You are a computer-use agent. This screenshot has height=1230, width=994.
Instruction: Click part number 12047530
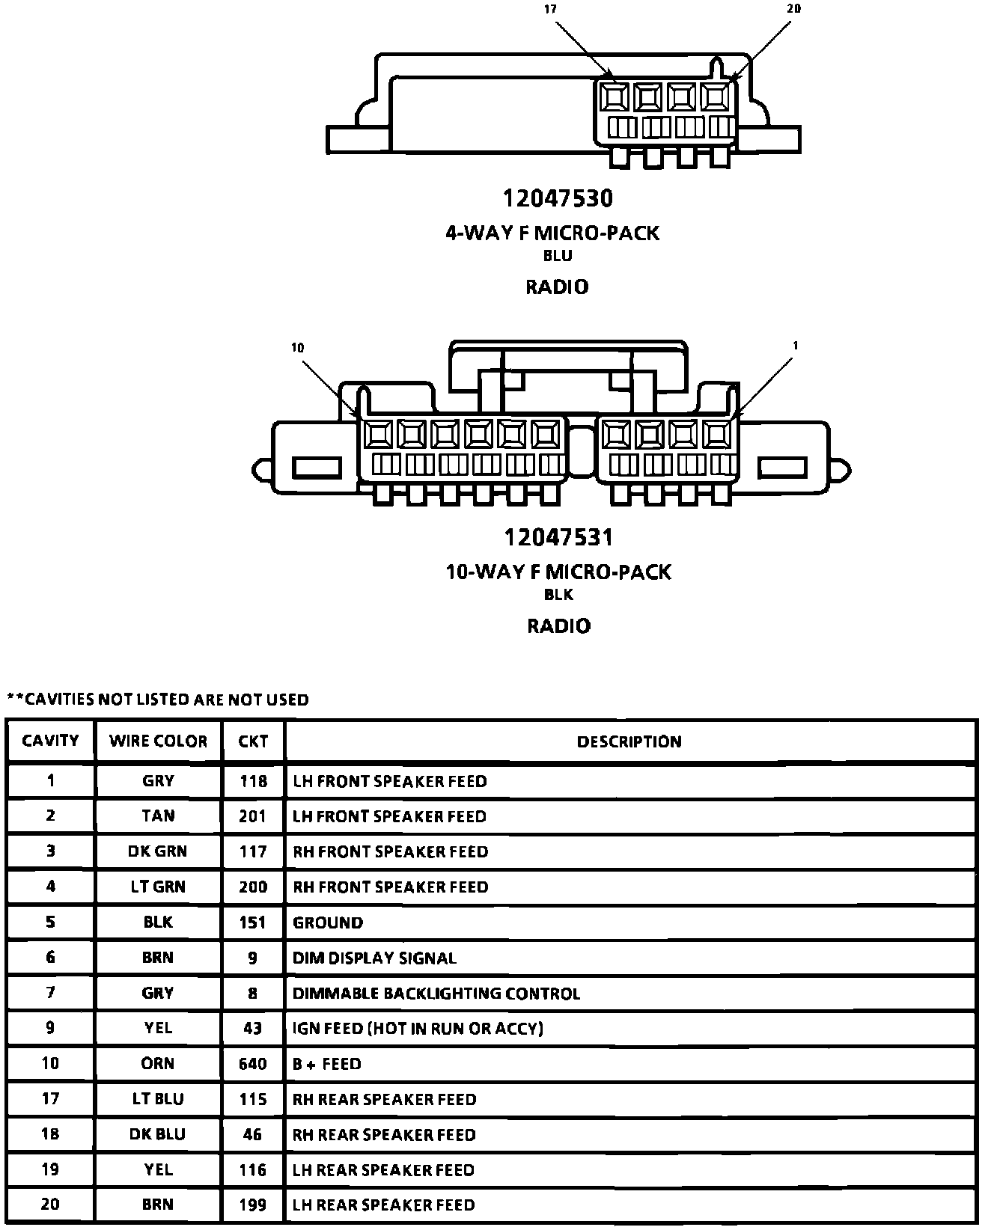(x=557, y=198)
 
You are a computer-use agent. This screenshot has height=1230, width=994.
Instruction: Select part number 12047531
(x=558, y=537)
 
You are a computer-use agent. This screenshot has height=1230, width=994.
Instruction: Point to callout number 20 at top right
(x=794, y=9)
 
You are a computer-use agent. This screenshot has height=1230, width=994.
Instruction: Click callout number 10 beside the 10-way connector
(x=298, y=348)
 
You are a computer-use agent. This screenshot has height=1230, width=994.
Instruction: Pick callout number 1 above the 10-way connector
(x=795, y=346)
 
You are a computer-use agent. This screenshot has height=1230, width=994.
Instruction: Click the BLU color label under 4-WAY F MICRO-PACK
(x=558, y=256)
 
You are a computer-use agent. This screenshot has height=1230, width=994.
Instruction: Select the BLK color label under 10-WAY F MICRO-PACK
(x=558, y=595)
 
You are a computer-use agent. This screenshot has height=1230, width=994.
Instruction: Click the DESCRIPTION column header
(x=629, y=741)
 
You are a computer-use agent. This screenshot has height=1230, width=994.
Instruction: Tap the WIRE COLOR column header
(x=158, y=741)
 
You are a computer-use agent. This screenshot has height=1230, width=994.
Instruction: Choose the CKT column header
(x=253, y=741)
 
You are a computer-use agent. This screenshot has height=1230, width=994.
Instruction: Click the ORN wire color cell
(x=158, y=1063)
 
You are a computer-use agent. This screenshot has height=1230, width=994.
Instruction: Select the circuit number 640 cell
(x=253, y=1063)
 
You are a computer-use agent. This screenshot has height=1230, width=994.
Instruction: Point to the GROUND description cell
(x=328, y=922)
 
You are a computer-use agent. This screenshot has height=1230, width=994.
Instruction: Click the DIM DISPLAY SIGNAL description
(x=374, y=958)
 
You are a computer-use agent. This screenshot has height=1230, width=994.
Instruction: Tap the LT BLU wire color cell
(x=158, y=1099)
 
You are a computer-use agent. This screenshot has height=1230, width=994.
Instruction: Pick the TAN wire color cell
(x=158, y=816)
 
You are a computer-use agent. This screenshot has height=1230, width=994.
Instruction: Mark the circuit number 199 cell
(x=253, y=1205)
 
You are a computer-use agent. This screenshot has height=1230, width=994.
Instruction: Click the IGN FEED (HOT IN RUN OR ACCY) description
(x=418, y=1028)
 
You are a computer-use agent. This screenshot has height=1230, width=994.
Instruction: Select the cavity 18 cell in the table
(x=50, y=1134)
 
